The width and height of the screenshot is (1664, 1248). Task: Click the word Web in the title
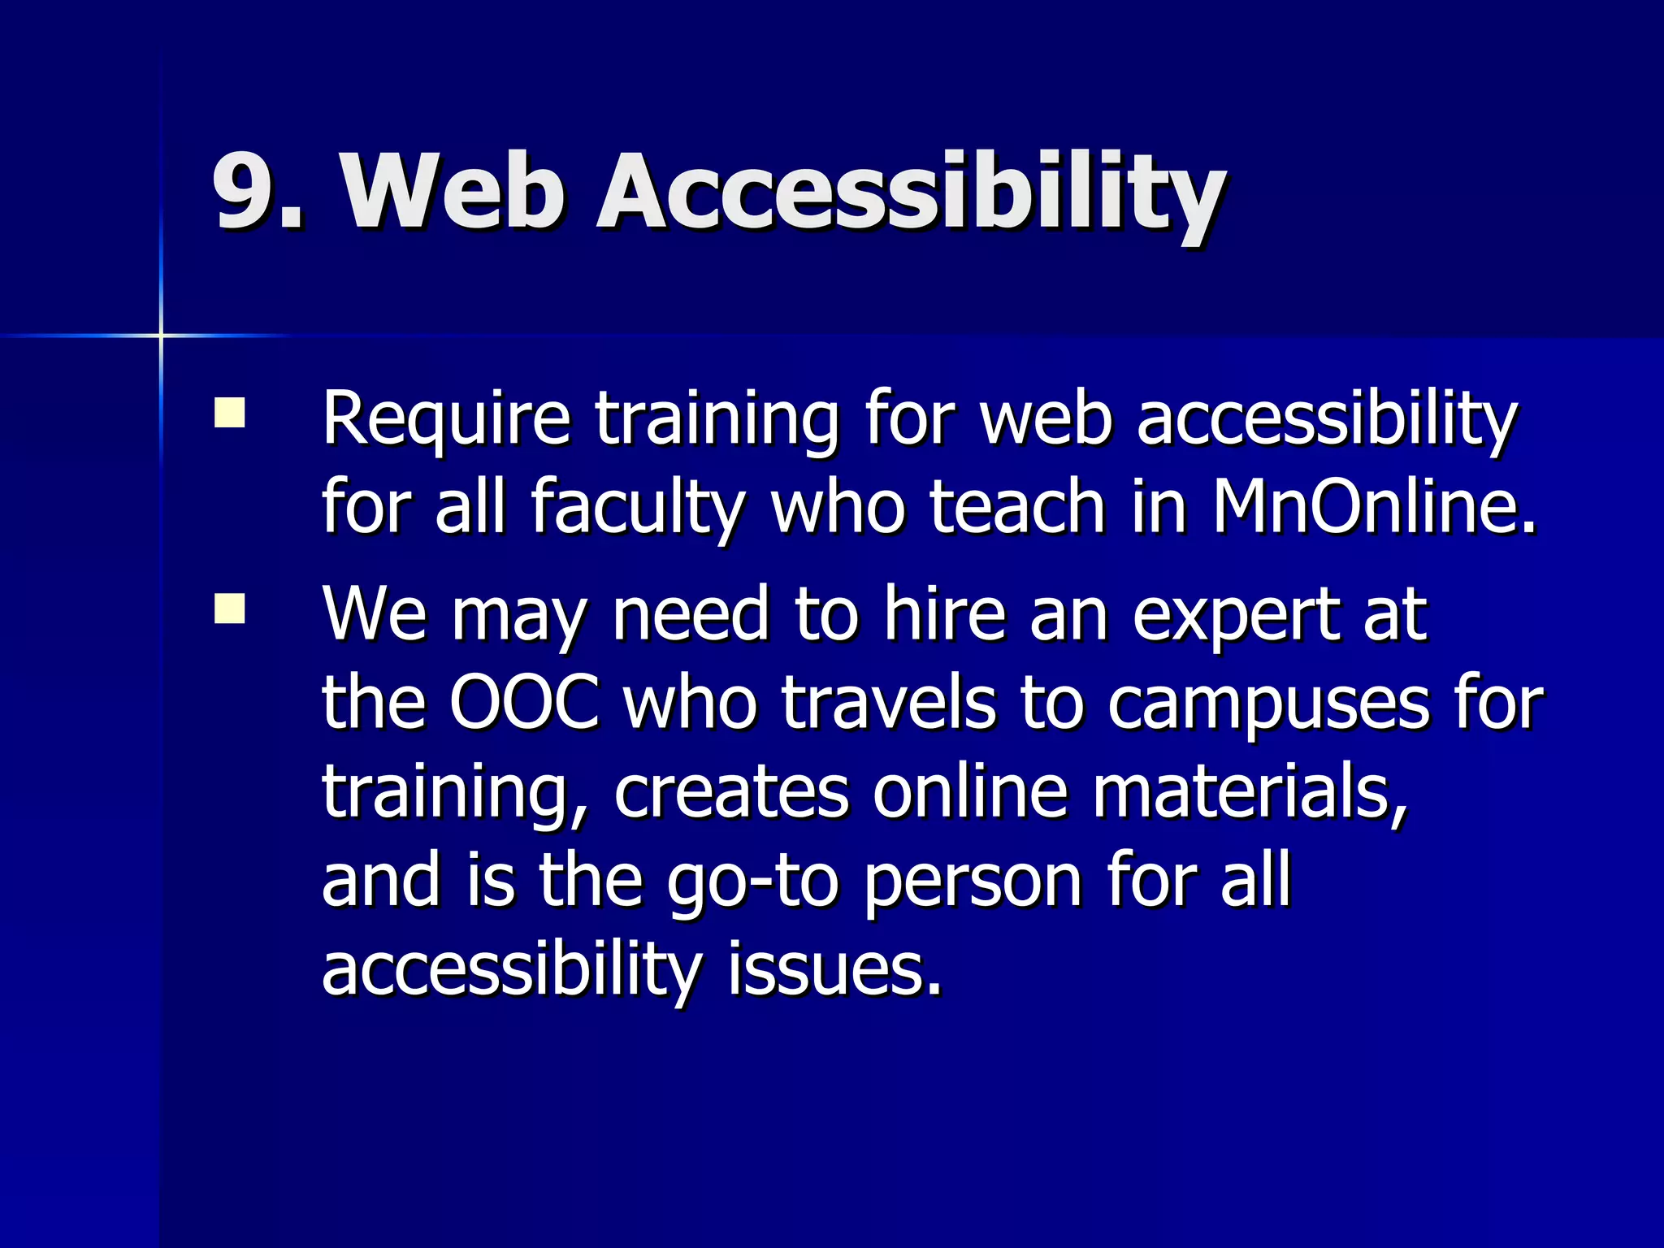[452, 192]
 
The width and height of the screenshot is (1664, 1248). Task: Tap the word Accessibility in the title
[910, 195]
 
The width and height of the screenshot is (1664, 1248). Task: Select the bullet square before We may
[230, 608]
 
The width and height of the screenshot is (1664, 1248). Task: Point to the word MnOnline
[1373, 507]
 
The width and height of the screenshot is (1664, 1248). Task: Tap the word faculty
[637, 509]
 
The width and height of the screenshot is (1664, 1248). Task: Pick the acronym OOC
[525, 702]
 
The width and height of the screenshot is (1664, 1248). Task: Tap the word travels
[889, 702]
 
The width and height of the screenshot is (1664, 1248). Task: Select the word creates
[731, 791]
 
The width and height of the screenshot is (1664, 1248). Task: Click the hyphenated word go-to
[752, 882]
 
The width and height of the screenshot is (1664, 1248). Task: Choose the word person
[972, 882]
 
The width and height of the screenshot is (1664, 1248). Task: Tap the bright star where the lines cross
[161, 335]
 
